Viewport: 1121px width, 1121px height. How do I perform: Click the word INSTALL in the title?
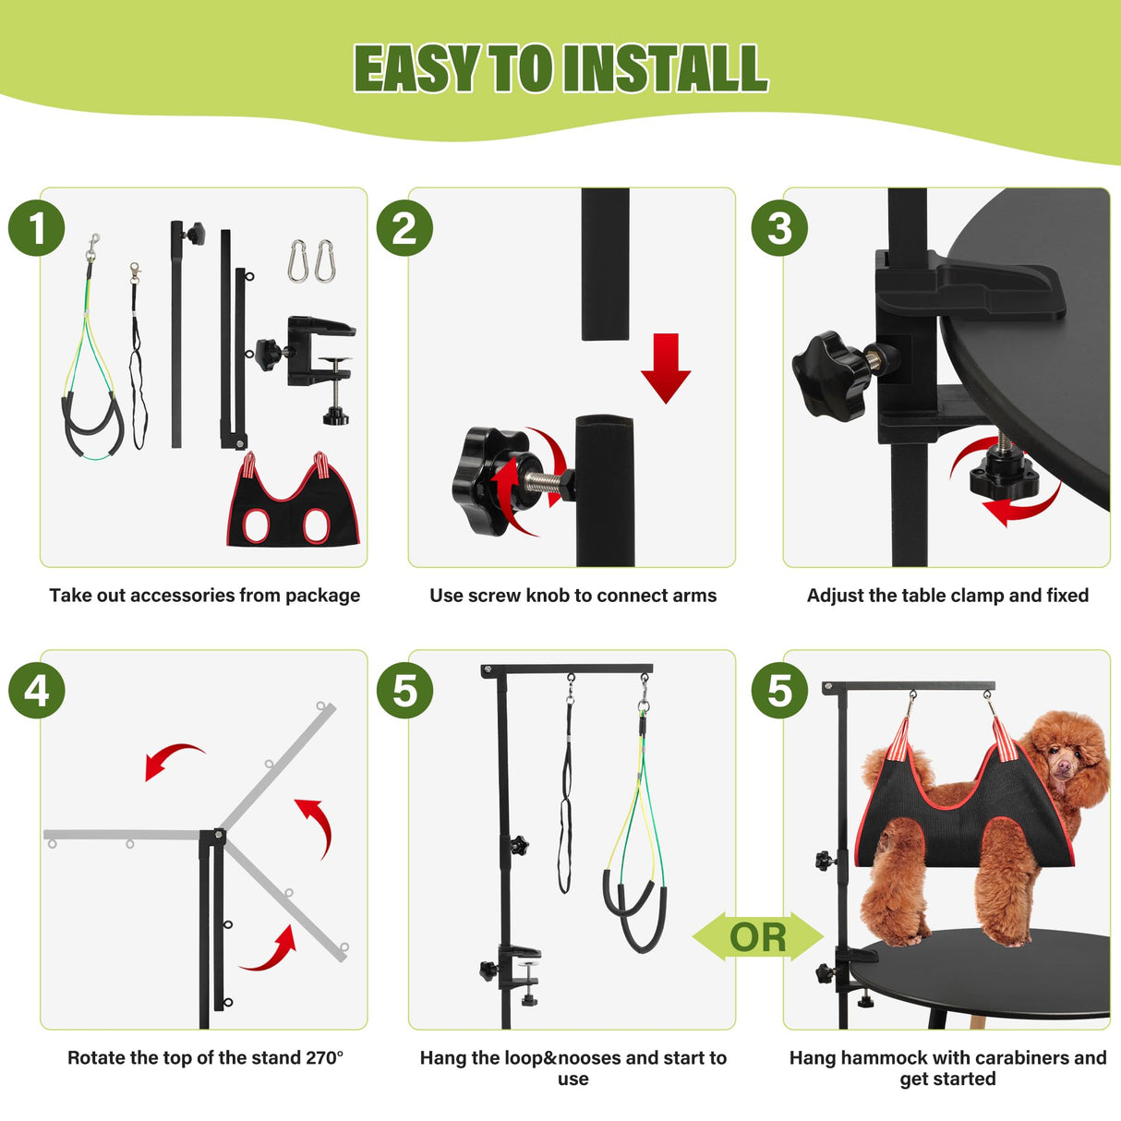[665, 69]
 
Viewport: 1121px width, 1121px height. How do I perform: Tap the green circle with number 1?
[37, 229]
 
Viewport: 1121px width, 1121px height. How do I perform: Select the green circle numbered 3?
[779, 229]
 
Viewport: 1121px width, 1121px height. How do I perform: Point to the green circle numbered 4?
[37, 691]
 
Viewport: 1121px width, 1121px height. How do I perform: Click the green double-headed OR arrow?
[758, 937]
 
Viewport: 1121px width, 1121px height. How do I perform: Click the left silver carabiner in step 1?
[297, 261]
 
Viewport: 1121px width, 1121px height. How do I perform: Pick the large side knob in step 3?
[831, 369]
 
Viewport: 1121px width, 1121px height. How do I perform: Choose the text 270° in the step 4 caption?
[324, 1058]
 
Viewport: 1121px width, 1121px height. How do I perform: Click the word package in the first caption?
[322, 596]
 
